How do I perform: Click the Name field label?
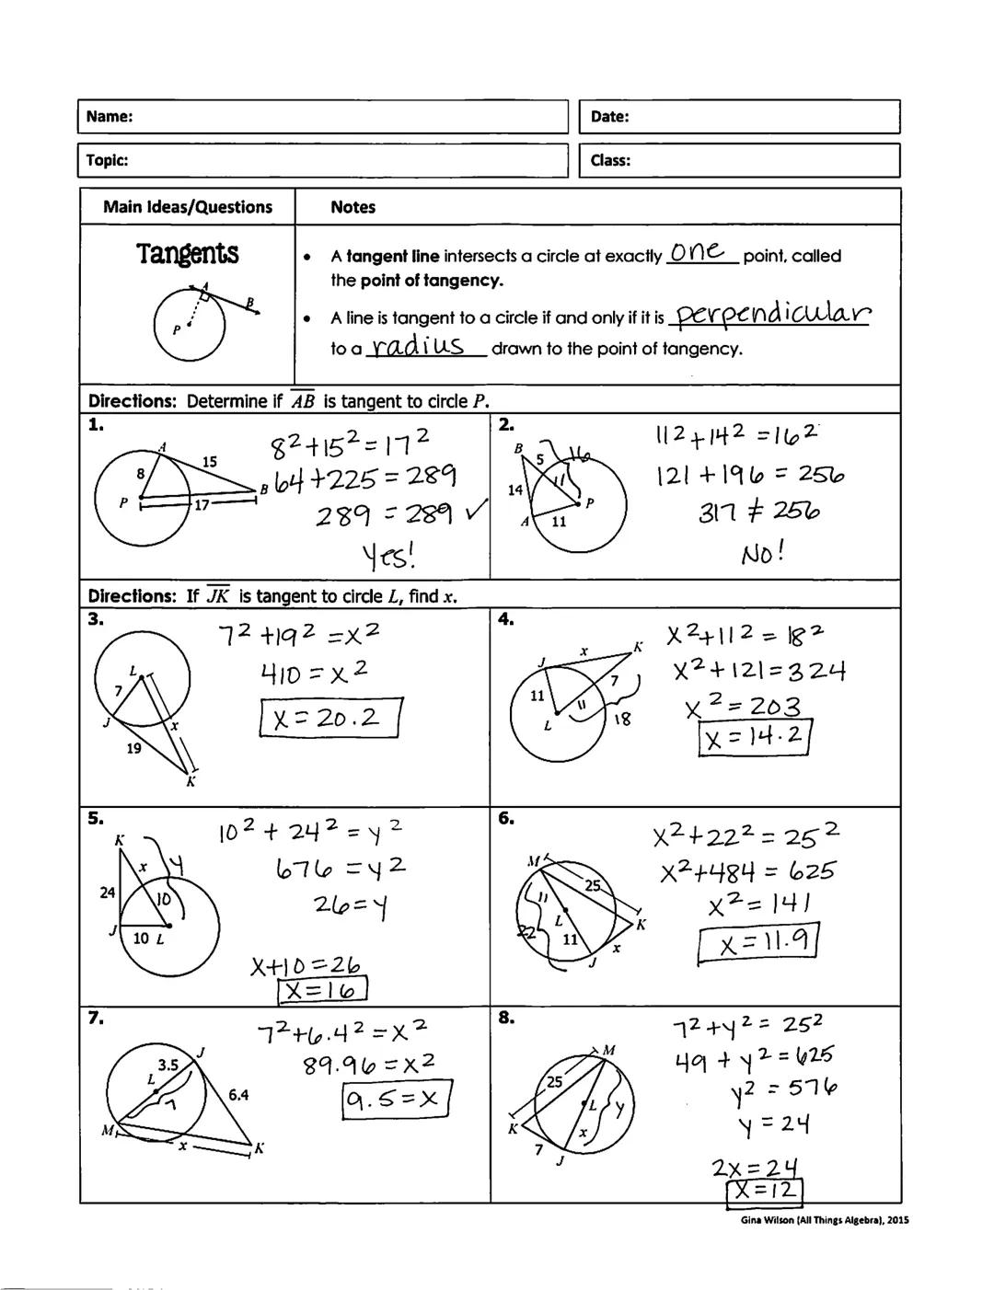[109, 117]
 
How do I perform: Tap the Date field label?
[609, 117]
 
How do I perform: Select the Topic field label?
[107, 160]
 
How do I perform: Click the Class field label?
[610, 160]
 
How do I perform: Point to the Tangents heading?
[188, 253]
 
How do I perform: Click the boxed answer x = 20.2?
[331, 718]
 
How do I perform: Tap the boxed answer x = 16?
[322, 990]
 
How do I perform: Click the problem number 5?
[95, 819]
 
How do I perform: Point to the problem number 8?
[506, 1018]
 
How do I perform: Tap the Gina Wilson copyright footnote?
[824, 1220]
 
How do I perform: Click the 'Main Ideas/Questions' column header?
[188, 207]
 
